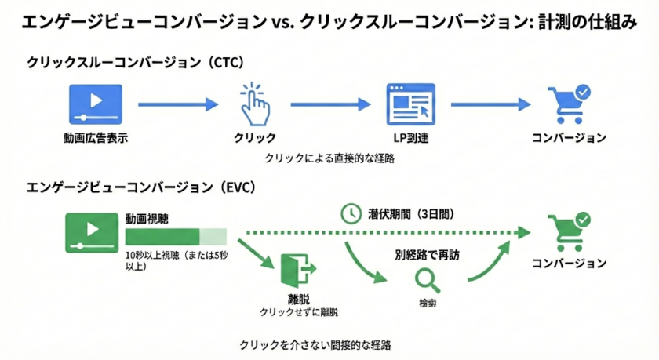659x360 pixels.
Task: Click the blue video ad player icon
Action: pos(96,103)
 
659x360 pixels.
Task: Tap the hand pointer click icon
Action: pos(253,104)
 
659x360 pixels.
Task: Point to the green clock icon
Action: pos(350,213)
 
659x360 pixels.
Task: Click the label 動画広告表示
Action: pos(96,138)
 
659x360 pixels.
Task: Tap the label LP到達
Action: pos(410,138)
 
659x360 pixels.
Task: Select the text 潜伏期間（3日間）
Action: pos(410,213)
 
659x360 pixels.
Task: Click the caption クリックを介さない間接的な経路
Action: pos(315,344)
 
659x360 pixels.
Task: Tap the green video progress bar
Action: pos(175,236)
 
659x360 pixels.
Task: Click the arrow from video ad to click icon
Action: pos(177,103)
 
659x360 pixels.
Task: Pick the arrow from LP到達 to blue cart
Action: pos(490,103)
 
